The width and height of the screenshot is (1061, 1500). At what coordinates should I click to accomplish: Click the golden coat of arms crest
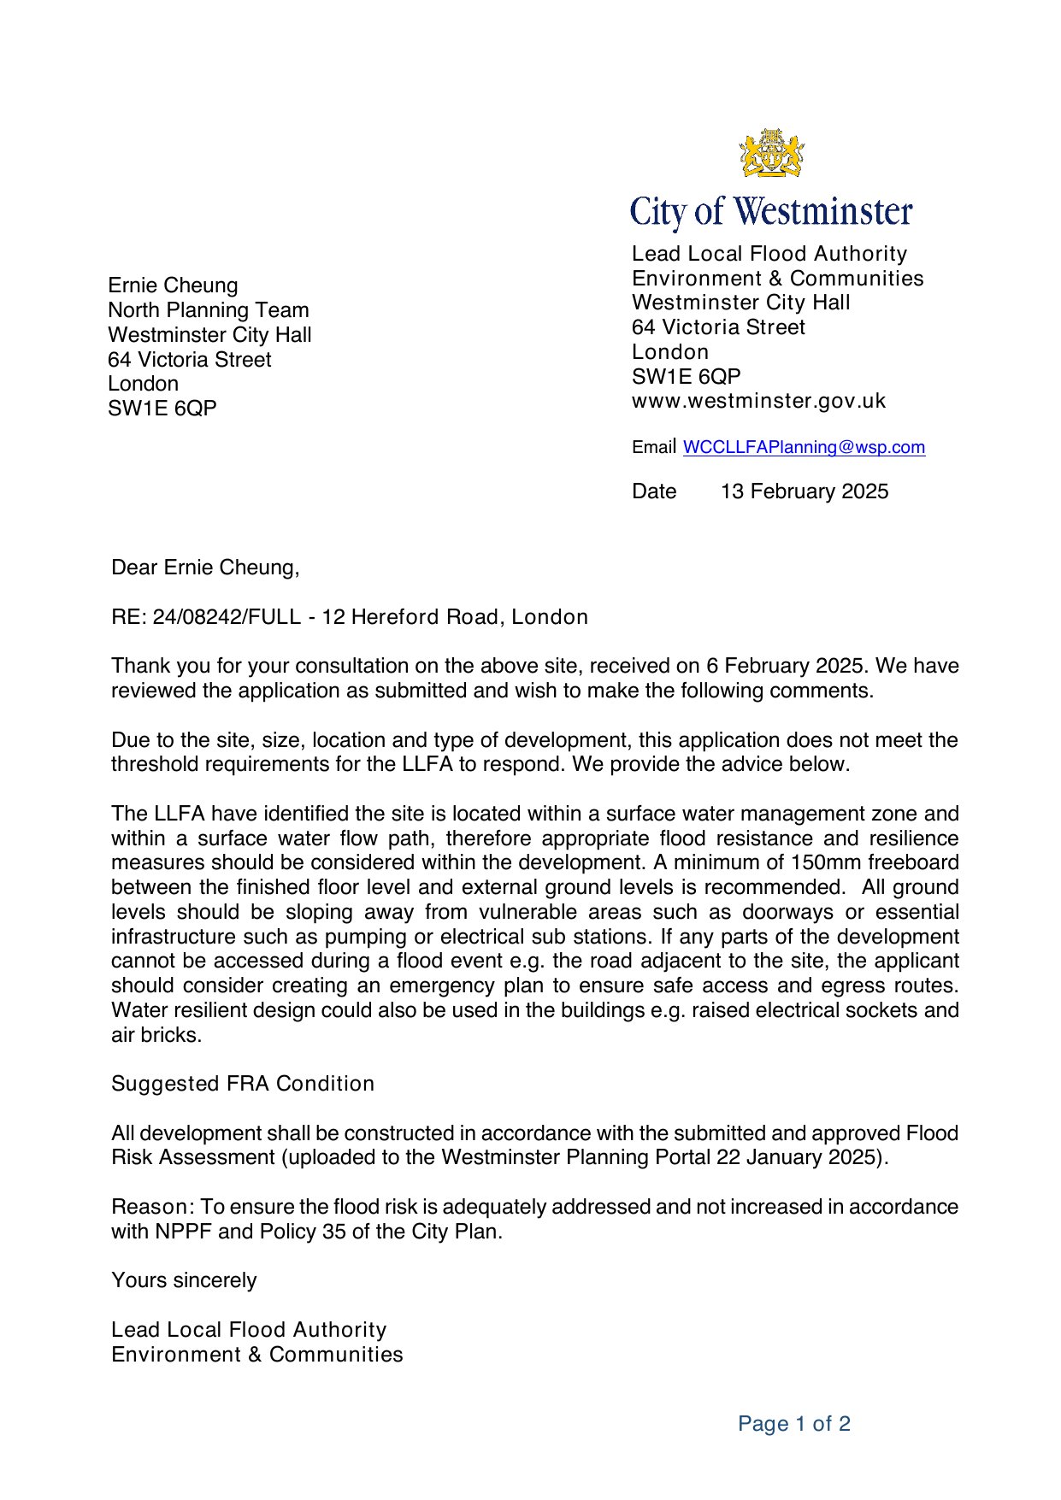tap(772, 154)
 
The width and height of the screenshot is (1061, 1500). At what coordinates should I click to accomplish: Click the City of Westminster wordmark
tap(771, 212)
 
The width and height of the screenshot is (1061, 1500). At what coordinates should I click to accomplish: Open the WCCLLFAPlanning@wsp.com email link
tap(804, 447)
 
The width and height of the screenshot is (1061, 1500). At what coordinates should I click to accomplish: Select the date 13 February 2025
tap(805, 491)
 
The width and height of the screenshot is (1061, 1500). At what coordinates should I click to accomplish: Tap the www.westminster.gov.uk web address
tap(758, 401)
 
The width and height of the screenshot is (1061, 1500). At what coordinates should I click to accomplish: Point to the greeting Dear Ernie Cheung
tap(205, 568)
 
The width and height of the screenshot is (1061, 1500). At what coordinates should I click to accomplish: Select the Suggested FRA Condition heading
tap(243, 1084)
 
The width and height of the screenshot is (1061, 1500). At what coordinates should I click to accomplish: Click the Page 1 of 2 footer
tap(794, 1424)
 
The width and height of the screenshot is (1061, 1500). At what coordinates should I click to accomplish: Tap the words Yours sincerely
tap(184, 1280)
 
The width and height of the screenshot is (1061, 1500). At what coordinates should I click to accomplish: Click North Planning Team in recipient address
tap(209, 310)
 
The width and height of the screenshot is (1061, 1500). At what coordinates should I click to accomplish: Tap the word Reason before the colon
tap(150, 1207)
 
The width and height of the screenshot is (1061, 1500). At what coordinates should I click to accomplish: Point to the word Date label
tap(654, 491)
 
